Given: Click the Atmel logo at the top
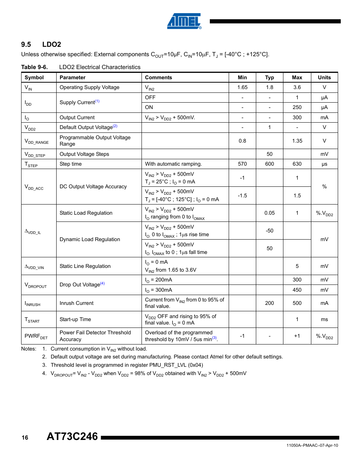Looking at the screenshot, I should [184, 21].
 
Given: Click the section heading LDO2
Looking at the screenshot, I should [51, 45].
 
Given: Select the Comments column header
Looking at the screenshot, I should [158, 77].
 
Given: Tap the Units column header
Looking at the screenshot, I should [324, 77].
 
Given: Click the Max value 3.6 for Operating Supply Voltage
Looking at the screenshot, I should [297, 87].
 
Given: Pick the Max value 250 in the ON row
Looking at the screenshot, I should [297, 107].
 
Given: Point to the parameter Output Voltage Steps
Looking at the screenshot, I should [84, 154].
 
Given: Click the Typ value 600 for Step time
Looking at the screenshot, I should [269, 164].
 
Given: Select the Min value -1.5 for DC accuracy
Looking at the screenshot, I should [242, 195].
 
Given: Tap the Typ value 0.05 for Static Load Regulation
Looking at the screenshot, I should [269, 213].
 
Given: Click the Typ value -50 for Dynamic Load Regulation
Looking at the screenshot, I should [269, 231].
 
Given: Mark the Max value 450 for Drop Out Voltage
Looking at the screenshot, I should [297, 290].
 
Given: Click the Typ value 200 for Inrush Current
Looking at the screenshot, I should [269, 303].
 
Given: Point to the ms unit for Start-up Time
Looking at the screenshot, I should [324, 319].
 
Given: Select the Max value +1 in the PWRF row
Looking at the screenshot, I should [297, 336].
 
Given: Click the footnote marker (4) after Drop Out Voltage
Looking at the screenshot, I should [102, 283].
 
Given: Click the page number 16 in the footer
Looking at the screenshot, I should [25, 438].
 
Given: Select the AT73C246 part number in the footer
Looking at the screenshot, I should [72, 437].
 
